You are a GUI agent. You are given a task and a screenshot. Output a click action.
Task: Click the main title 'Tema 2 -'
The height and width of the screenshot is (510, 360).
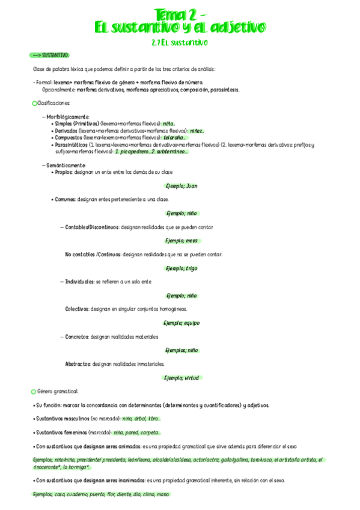click(180, 13)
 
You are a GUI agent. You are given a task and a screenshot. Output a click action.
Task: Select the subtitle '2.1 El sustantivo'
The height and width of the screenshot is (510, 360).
click(180, 43)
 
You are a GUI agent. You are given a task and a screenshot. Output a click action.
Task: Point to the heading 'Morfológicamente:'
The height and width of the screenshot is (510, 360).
click(68, 116)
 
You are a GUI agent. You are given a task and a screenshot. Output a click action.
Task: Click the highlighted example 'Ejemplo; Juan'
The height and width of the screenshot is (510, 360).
click(181, 186)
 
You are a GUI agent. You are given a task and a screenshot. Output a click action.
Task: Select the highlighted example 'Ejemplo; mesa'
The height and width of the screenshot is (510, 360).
click(181, 241)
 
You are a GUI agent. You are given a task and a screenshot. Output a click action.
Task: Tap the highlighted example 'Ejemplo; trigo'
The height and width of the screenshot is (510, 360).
click(181, 268)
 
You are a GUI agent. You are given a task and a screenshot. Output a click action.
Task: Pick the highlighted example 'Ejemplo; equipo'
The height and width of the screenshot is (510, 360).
click(181, 323)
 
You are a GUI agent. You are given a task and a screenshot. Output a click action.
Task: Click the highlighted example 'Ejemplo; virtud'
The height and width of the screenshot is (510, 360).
click(181, 378)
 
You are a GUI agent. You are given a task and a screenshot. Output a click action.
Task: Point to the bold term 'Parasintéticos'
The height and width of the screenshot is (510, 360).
click(70, 145)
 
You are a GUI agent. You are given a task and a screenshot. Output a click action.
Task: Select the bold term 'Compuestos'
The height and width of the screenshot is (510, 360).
click(67, 137)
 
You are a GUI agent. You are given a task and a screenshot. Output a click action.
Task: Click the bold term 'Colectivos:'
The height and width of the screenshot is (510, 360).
click(77, 309)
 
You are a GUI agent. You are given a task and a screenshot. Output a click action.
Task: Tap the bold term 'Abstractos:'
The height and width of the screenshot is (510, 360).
click(78, 364)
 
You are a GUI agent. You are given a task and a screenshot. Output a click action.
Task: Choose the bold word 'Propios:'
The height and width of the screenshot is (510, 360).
click(64, 172)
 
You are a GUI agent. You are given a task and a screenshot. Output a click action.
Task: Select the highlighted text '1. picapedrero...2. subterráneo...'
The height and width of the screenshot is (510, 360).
click(152, 152)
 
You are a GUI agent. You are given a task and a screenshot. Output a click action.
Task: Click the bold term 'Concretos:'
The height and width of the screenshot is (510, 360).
click(77, 337)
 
